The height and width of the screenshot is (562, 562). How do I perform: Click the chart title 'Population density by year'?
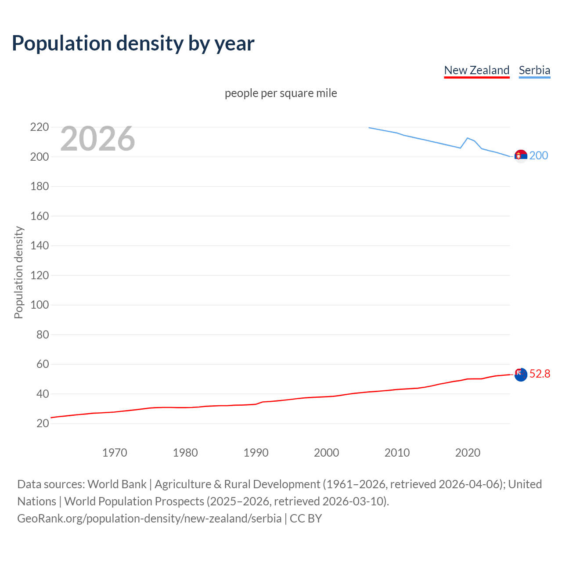pyautogui.click(x=133, y=43)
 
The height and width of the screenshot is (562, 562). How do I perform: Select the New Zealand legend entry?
pyautogui.click(x=476, y=70)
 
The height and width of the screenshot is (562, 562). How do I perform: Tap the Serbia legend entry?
pyautogui.click(x=534, y=70)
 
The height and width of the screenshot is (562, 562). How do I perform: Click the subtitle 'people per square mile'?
pyautogui.click(x=281, y=93)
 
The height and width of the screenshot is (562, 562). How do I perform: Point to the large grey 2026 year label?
pyautogui.click(x=97, y=139)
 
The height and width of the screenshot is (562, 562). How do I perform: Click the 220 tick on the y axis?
pyautogui.click(x=40, y=127)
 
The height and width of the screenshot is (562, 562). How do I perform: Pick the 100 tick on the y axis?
pyautogui.click(x=40, y=305)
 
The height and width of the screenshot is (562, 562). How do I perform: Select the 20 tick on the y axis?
pyautogui.click(x=43, y=423)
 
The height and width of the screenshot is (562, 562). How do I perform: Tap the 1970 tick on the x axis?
pyautogui.click(x=115, y=453)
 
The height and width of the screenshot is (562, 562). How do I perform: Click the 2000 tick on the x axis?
pyautogui.click(x=326, y=453)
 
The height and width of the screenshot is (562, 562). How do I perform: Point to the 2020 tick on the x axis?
pyautogui.click(x=468, y=453)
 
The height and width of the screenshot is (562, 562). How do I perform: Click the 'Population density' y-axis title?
pyautogui.click(x=18, y=272)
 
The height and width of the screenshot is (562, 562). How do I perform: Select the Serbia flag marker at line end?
pyautogui.click(x=521, y=156)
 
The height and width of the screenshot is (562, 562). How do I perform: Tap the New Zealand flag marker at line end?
pyautogui.click(x=521, y=375)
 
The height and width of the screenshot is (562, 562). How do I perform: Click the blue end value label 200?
pyautogui.click(x=539, y=155)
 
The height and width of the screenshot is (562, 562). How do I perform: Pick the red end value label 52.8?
pyautogui.click(x=540, y=374)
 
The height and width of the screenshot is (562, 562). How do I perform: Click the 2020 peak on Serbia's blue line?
pyautogui.click(x=468, y=138)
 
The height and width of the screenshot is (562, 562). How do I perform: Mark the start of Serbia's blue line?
pyautogui.click(x=369, y=128)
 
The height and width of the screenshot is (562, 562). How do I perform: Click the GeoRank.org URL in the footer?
pyautogui.click(x=149, y=519)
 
